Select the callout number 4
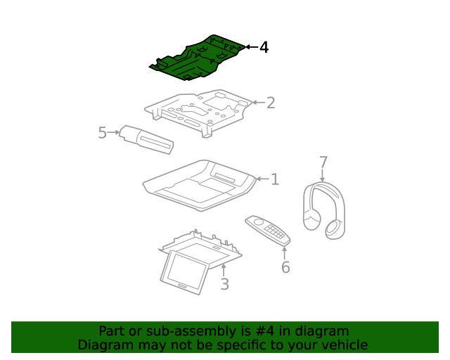click(x=264, y=47)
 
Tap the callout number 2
click(x=270, y=103)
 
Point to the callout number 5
click(x=103, y=132)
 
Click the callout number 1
click(x=274, y=179)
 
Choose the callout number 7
click(x=323, y=162)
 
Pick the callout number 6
click(x=285, y=267)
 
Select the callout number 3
click(x=224, y=284)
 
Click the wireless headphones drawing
click(x=324, y=207)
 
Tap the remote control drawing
click(x=268, y=230)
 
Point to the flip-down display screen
click(x=185, y=271)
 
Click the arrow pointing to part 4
click(x=250, y=47)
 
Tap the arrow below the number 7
click(x=323, y=177)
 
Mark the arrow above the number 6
click(x=285, y=251)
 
